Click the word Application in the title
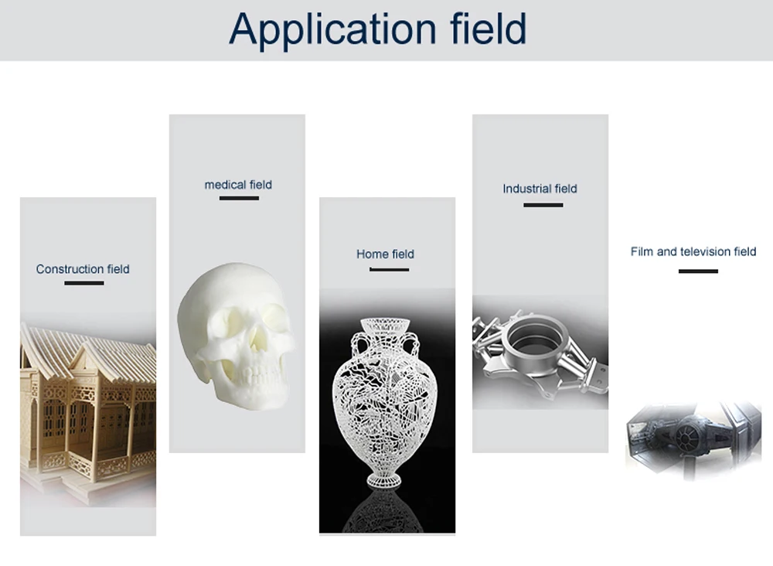332,29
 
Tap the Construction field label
83,269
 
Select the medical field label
238,185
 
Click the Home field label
385,254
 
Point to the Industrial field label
540,189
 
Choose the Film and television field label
693,251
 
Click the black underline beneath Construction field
83,283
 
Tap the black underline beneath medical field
239,199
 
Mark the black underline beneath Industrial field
543,205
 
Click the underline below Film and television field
698,271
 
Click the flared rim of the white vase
386,322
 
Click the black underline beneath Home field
389,269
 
